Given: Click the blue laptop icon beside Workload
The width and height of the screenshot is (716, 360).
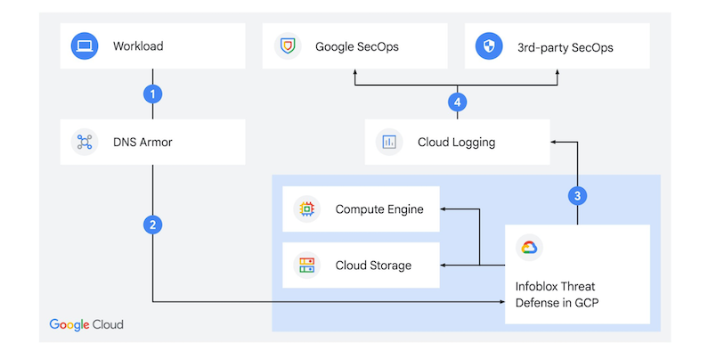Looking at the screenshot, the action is [x=85, y=46].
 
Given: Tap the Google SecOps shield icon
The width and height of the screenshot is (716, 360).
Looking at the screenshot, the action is [x=288, y=46].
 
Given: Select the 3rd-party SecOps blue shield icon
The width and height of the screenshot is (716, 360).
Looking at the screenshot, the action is [x=489, y=46].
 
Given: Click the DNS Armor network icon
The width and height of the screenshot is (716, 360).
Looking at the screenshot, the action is [x=85, y=142].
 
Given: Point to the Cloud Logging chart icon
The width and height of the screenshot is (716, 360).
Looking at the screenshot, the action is [x=389, y=142].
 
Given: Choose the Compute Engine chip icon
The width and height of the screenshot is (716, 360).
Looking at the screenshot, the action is [x=307, y=209].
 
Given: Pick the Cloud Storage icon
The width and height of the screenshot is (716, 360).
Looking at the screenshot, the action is [x=307, y=265].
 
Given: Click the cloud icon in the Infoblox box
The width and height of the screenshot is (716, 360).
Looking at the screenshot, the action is [x=529, y=248].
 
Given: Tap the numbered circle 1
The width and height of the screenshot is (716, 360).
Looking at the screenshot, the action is [x=152, y=94].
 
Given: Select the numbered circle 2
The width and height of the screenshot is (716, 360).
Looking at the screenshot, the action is [x=152, y=225].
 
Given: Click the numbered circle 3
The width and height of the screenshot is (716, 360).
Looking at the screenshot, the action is [x=578, y=196].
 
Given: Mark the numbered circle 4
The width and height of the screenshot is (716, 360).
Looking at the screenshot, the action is [x=457, y=102].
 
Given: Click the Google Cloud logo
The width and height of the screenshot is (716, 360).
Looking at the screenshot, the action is [x=86, y=325].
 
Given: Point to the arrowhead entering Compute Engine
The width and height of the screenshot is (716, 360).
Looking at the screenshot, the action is [x=443, y=209].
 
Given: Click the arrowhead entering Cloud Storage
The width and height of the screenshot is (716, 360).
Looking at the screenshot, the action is [x=443, y=265].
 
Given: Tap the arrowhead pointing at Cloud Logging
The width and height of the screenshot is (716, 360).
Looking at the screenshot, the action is [x=553, y=142].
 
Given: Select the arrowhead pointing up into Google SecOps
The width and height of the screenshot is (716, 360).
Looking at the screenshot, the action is [x=354, y=72].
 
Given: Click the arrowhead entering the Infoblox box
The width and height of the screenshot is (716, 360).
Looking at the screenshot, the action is [x=502, y=301].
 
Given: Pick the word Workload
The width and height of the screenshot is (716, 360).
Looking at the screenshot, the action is [x=138, y=46].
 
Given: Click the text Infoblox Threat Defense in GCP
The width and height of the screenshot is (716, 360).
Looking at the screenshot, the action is [x=557, y=295].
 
